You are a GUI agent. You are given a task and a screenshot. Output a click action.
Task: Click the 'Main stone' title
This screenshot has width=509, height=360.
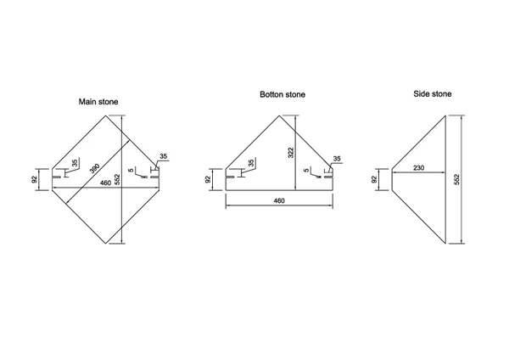[x=98, y=102]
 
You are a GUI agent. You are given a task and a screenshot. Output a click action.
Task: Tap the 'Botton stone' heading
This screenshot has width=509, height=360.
[x=282, y=95]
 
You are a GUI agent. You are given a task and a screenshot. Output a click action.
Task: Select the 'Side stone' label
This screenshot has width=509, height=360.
[x=433, y=93]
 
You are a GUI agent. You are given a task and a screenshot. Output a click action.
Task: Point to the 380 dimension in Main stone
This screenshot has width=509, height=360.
[x=95, y=169]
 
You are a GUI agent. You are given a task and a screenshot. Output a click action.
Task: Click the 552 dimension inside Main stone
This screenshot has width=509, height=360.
[x=117, y=179]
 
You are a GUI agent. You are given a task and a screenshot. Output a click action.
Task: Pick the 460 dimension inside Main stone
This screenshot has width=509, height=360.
[x=105, y=183]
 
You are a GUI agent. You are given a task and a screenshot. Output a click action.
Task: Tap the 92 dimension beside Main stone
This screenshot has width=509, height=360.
[x=34, y=179]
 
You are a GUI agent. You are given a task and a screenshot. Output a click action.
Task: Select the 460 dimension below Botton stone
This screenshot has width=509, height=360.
[x=279, y=200]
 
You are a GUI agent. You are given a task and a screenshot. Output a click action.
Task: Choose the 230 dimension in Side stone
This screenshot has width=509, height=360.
[x=418, y=168]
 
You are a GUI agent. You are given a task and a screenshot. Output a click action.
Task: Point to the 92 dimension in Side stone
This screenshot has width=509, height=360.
[x=374, y=179]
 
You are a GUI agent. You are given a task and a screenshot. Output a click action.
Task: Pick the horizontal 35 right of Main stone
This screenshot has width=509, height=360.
[x=164, y=157]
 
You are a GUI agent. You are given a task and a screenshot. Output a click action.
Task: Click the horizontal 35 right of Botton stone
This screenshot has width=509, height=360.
[x=337, y=159]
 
